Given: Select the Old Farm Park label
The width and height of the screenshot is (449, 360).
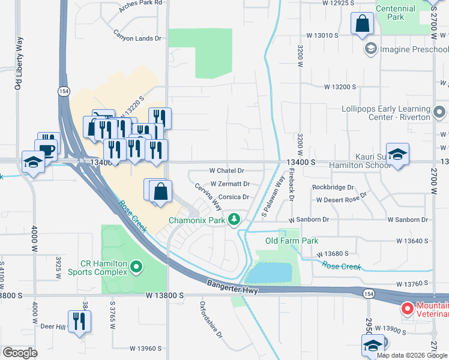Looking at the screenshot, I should click(x=292, y=241).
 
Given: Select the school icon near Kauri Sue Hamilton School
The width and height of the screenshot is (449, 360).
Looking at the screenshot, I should click(x=397, y=155).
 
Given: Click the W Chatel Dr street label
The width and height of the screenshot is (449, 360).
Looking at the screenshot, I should click(x=226, y=171).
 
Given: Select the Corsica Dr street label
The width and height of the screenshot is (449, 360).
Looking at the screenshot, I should click(x=233, y=197).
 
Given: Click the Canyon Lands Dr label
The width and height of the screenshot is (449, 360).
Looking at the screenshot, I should click(x=137, y=38).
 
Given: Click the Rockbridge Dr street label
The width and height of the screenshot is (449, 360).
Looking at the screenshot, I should click(x=334, y=187).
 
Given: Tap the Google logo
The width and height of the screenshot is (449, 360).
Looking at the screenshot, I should click(x=20, y=352).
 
